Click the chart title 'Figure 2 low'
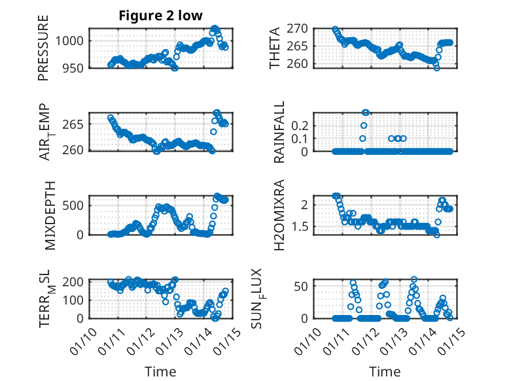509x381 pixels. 160,16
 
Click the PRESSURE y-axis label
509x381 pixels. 43,53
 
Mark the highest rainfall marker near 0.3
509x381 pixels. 366,112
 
